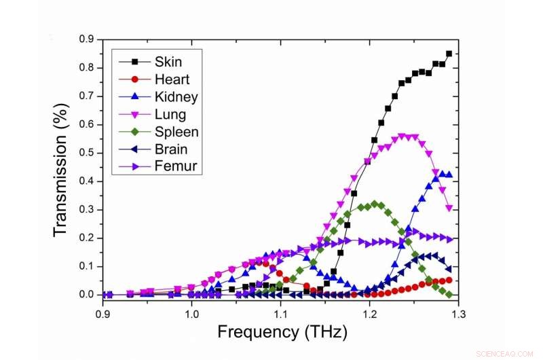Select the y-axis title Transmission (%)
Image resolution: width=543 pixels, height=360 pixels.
click(x=61, y=166)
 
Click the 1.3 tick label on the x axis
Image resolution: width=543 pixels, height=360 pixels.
click(x=458, y=314)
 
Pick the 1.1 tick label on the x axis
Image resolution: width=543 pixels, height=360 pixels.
click(x=280, y=314)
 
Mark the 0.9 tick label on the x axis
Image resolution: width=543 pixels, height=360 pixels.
click(x=103, y=314)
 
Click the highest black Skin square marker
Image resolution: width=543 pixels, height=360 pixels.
click(x=449, y=54)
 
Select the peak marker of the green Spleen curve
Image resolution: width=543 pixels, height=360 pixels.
click(x=375, y=204)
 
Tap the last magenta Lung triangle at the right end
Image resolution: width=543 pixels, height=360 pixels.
click(x=449, y=209)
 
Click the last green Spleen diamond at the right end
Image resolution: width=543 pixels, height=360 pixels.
click(x=449, y=294)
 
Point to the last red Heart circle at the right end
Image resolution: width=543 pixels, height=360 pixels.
click(x=449, y=280)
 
